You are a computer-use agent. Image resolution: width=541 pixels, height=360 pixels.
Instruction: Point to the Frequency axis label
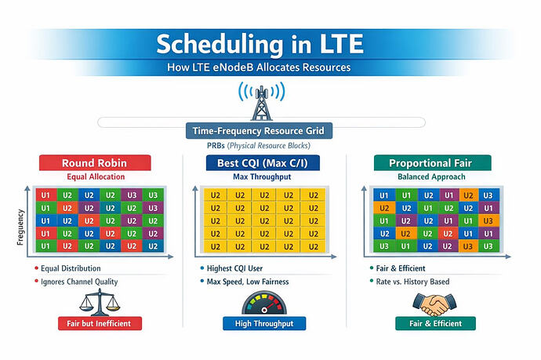(20, 227)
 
